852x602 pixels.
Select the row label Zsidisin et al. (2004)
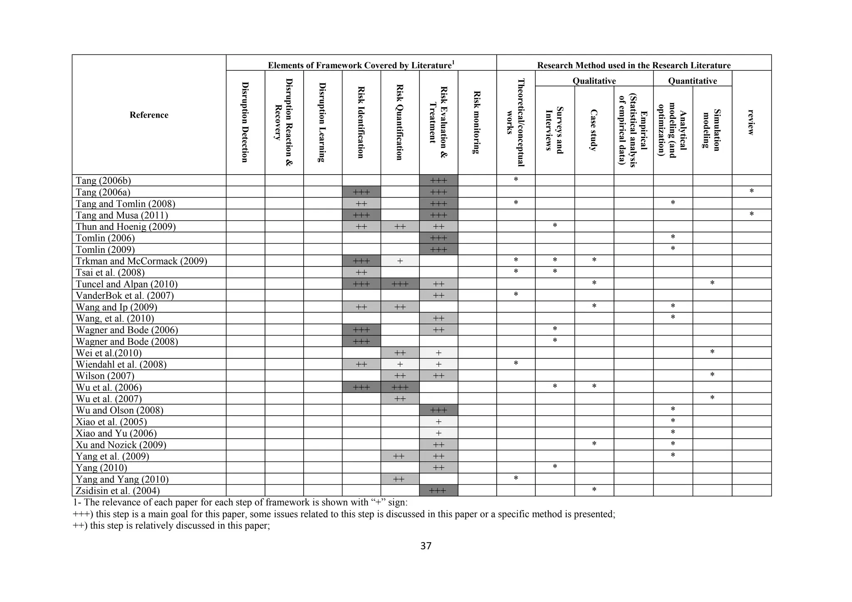tap(118, 491)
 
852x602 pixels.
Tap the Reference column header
tap(149, 115)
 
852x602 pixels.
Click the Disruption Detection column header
tap(245, 122)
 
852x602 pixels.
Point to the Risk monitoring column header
tap(477, 122)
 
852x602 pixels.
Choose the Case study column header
tap(594, 130)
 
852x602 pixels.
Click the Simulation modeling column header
tap(712, 130)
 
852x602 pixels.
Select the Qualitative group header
tap(594, 81)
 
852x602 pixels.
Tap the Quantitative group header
tap(692, 81)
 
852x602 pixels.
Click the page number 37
tap(426, 546)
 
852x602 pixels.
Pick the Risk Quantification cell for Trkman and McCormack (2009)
tap(400, 261)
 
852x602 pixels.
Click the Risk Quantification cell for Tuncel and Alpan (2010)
tap(400, 284)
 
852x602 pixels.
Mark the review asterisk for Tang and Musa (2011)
tap(751, 215)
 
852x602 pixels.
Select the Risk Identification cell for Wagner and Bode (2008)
tap(361, 342)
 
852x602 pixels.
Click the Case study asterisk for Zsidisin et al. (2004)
tap(594, 490)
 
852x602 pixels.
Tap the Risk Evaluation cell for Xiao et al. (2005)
tap(438, 422)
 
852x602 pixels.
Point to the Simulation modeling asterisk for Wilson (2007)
tap(712, 375)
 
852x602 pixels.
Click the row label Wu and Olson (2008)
tap(120, 410)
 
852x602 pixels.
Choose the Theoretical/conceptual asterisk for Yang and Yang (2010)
tap(516, 479)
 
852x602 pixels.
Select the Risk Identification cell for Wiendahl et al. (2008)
tap(361, 365)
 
